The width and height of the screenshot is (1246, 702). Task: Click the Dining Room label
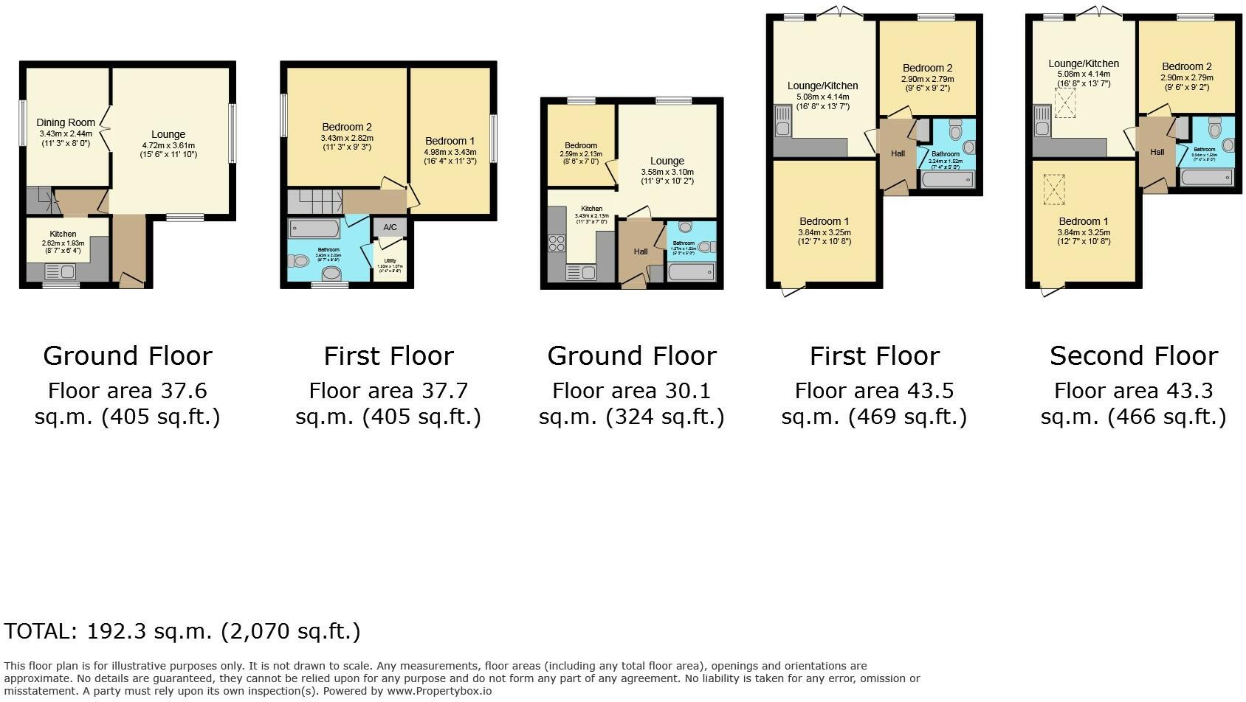(x=66, y=122)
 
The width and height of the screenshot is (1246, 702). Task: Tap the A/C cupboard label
(x=390, y=227)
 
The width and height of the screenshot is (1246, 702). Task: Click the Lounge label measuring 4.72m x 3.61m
(x=168, y=134)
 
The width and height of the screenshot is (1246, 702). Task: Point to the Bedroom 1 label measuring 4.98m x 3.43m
(x=450, y=141)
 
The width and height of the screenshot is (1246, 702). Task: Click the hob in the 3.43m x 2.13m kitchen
(x=557, y=243)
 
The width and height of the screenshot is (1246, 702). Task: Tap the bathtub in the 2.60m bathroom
(x=314, y=228)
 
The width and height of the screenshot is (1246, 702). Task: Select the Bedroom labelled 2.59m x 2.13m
(x=581, y=145)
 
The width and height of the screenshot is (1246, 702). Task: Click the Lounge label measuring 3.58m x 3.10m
(x=667, y=161)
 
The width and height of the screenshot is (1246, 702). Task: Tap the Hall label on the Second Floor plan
(x=1157, y=152)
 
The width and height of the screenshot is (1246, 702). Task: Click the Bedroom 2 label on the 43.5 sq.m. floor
(x=927, y=68)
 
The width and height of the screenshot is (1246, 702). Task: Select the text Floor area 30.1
(x=631, y=390)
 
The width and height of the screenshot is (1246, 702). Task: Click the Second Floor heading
(x=1133, y=356)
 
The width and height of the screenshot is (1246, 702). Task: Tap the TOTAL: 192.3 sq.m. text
(x=182, y=631)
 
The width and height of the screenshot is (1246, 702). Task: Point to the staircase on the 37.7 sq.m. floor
(x=314, y=201)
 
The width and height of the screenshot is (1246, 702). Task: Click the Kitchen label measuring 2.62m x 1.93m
(x=63, y=234)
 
